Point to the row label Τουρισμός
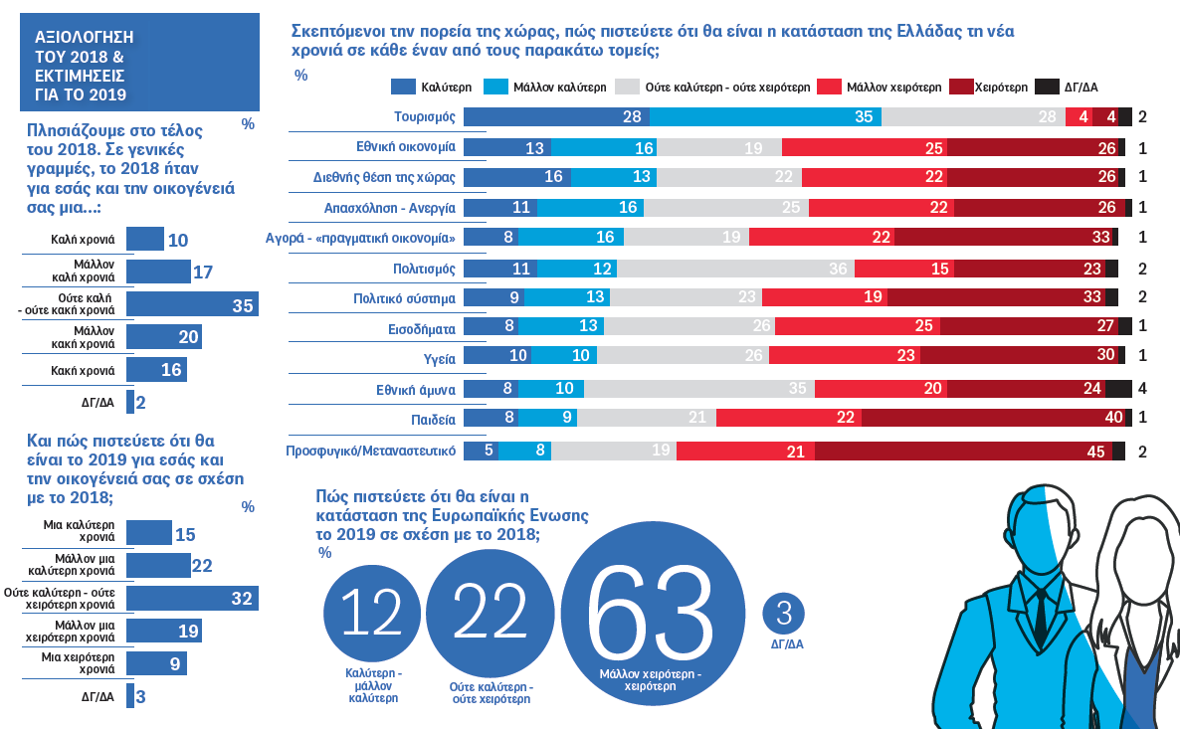coord(424,116)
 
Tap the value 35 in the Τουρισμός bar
coord(863,117)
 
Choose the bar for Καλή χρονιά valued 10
coord(145,240)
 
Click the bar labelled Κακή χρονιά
coord(156,370)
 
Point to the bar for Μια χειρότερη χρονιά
coord(156,663)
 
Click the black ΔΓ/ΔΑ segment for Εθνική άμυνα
coord(1119,389)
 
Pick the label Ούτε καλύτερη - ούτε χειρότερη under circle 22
coord(492,693)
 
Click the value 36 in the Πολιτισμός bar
coord(838,269)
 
